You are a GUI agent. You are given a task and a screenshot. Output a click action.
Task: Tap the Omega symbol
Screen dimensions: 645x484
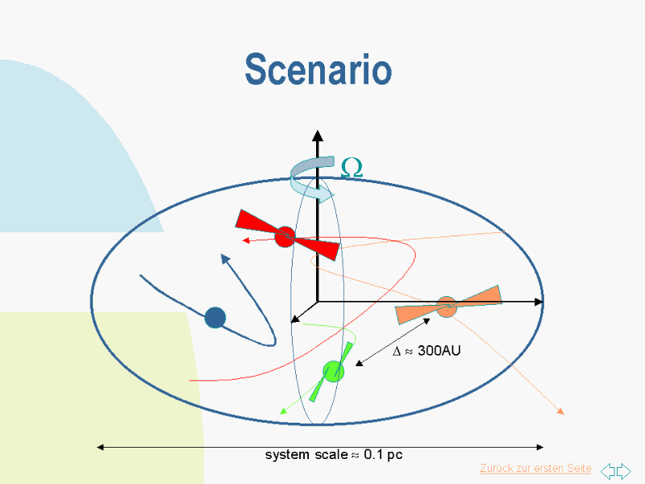point(352,168)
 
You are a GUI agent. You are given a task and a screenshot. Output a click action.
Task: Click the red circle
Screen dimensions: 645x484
point(285,236)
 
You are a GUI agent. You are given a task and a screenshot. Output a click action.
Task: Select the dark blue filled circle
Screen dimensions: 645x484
point(215,318)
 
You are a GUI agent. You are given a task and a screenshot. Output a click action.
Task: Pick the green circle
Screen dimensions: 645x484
point(333,371)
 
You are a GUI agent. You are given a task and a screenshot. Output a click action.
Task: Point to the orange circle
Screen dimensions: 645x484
point(447,307)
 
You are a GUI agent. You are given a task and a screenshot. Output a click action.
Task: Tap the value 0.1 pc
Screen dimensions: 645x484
point(383,455)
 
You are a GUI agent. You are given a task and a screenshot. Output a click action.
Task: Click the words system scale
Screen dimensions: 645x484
point(306,455)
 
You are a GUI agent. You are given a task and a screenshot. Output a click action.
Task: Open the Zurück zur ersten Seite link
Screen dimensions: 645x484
point(535,469)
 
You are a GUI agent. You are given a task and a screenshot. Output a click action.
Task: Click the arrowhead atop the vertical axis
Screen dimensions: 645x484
point(318,136)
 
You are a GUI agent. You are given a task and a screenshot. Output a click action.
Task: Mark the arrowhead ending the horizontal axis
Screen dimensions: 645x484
point(539,302)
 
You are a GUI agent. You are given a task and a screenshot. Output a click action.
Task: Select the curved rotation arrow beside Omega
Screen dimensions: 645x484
point(311,179)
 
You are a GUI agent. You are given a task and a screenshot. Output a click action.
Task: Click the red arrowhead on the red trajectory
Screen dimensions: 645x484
point(246,240)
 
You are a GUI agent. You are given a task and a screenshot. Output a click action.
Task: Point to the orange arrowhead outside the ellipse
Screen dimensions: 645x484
point(560,411)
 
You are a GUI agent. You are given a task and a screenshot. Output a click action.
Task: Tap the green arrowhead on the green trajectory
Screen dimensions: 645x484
point(283,411)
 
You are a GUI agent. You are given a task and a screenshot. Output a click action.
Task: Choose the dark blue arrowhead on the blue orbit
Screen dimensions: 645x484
point(225,259)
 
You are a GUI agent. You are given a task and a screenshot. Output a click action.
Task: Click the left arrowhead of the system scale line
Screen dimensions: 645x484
point(100,448)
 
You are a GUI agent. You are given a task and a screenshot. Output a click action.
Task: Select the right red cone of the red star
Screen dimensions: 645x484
point(318,247)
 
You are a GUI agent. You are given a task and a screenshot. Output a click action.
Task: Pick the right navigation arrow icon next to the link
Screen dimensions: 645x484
point(624,470)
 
